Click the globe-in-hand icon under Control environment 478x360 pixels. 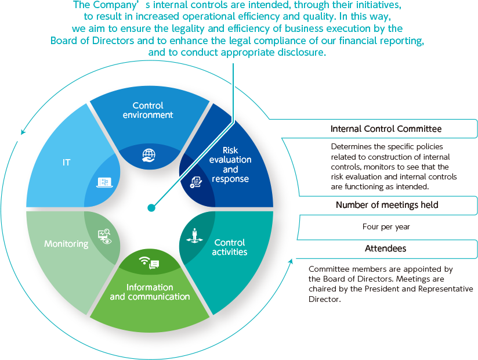coord(149,155)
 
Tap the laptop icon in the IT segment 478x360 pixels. coord(104,182)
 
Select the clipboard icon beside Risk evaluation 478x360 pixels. coord(195,182)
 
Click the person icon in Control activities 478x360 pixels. coord(194,236)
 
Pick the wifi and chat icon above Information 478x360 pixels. coord(149,262)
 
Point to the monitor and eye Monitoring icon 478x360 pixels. coord(104,236)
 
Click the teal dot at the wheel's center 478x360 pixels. coord(151,208)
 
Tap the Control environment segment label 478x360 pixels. coord(148,110)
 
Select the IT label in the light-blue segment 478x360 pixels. coord(66,163)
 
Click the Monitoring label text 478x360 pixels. coord(66,244)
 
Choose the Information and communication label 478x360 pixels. coord(150,292)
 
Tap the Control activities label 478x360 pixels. coord(230,247)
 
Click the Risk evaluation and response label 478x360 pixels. coord(230,164)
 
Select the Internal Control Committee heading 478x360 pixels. coord(386,129)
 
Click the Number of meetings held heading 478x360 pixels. coord(387,205)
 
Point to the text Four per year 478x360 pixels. coord(386,226)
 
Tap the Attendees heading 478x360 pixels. coord(386,249)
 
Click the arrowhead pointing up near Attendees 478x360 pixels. coord(291,261)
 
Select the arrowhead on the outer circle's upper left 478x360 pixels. coord(23,132)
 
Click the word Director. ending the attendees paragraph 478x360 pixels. coord(325,299)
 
